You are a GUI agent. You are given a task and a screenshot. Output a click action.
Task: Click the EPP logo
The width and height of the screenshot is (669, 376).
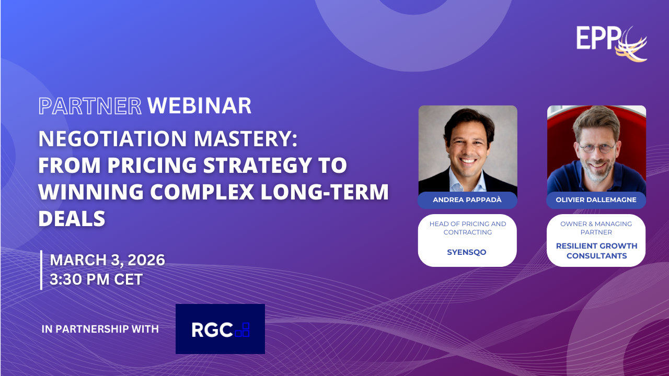click(612, 43)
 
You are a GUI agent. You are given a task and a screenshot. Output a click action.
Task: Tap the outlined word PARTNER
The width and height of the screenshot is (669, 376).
click(90, 106)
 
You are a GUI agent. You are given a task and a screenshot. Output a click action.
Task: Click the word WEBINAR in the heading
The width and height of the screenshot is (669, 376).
click(199, 106)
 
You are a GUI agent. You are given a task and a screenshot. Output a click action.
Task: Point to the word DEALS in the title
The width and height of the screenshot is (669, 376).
click(72, 218)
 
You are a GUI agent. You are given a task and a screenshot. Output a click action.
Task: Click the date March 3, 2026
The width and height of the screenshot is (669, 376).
click(107, 260)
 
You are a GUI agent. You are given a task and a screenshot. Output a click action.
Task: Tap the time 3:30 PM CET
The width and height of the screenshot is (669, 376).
click(96, 279)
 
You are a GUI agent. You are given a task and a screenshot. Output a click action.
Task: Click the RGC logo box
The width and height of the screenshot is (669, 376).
click(220, 329)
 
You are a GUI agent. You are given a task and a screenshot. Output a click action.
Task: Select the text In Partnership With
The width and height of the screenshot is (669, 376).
click(100, 329)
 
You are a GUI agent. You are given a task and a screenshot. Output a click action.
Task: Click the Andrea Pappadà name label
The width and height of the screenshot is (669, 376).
click(467, 200)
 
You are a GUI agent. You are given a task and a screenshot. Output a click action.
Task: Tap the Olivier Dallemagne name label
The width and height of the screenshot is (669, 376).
click(596, 200)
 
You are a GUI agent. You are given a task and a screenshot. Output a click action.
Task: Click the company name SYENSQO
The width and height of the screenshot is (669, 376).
click(467, 252)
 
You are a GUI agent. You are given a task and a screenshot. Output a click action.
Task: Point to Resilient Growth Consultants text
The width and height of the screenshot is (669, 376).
click(596, 251)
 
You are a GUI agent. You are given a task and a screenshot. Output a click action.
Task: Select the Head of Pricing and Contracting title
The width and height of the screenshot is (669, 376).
click(468, 228)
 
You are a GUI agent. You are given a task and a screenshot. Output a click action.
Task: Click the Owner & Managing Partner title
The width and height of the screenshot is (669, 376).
click(596, 228)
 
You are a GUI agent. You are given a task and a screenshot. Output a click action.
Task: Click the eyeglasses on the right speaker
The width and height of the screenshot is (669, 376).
click(597, 148)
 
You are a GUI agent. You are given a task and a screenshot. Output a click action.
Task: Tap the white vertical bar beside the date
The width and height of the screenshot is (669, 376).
click(41, 270)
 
